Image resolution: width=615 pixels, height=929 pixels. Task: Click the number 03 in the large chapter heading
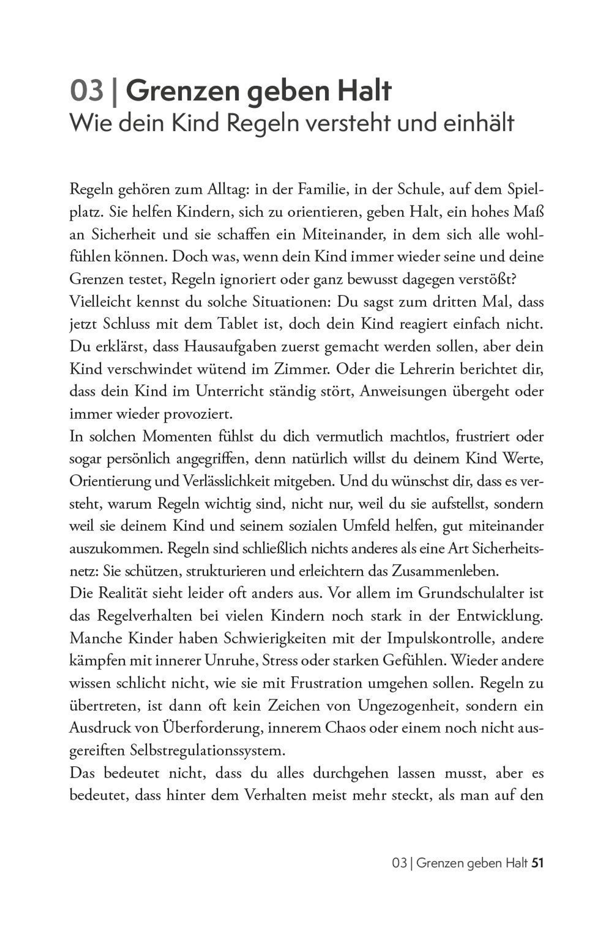(x=87, y=91)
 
